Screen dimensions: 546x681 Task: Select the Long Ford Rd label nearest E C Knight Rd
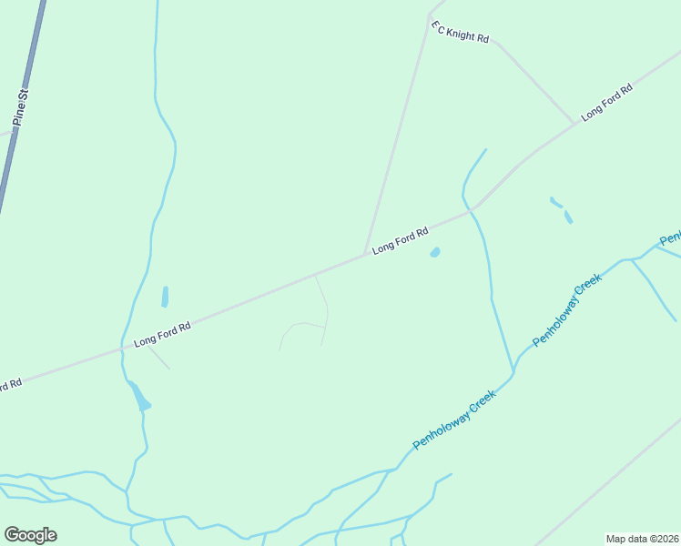tap(606, 103)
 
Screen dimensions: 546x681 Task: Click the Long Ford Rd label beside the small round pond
tap(400, 240)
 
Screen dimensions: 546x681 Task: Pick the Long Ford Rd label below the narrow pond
tap(162, 335)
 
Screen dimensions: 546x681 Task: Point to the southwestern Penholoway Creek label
tap(454, 420)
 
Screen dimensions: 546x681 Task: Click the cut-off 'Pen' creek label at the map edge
tap(670, 238)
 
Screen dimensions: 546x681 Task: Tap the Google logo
tap(30, 535)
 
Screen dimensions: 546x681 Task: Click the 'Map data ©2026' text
tap(643, 539)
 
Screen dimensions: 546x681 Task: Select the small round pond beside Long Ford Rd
tap(435, 252)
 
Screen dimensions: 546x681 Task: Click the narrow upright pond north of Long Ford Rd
tap(165, 297)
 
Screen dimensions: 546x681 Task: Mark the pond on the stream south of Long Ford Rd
tap(139, 398)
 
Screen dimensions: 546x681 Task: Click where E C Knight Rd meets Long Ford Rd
tap(575, 123)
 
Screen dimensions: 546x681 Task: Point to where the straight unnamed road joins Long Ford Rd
tap(366, 255)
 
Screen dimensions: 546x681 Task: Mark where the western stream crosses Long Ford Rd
tap(121, 348)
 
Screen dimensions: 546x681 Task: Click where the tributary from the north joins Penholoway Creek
tap(514, 369)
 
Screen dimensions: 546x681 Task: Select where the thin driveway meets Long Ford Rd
tap(314, 274)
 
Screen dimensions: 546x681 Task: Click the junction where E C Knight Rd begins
tap(429, 15)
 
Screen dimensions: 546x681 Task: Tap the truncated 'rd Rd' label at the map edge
tap(10, 385)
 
